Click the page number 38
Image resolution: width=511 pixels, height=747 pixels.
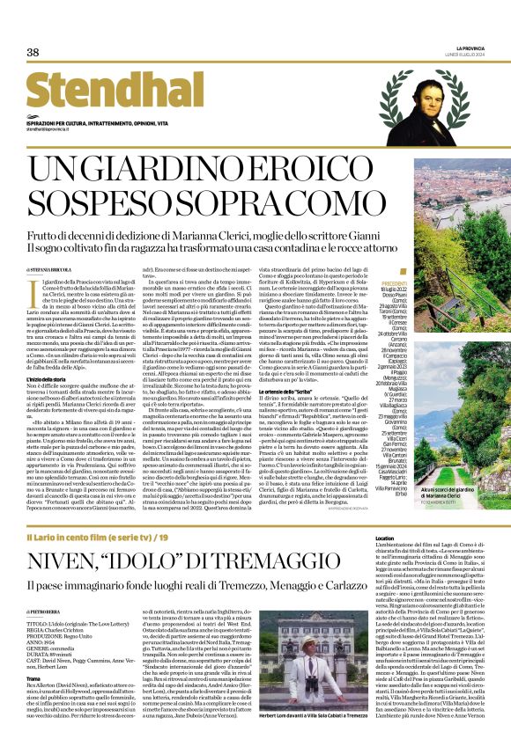click(33, 53)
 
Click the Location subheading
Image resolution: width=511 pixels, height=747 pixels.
click(385, 538)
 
